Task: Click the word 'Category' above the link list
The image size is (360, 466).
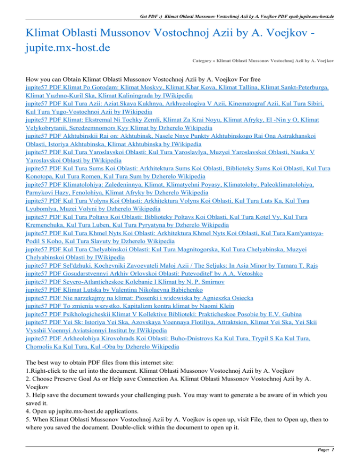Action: click(205, 60)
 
